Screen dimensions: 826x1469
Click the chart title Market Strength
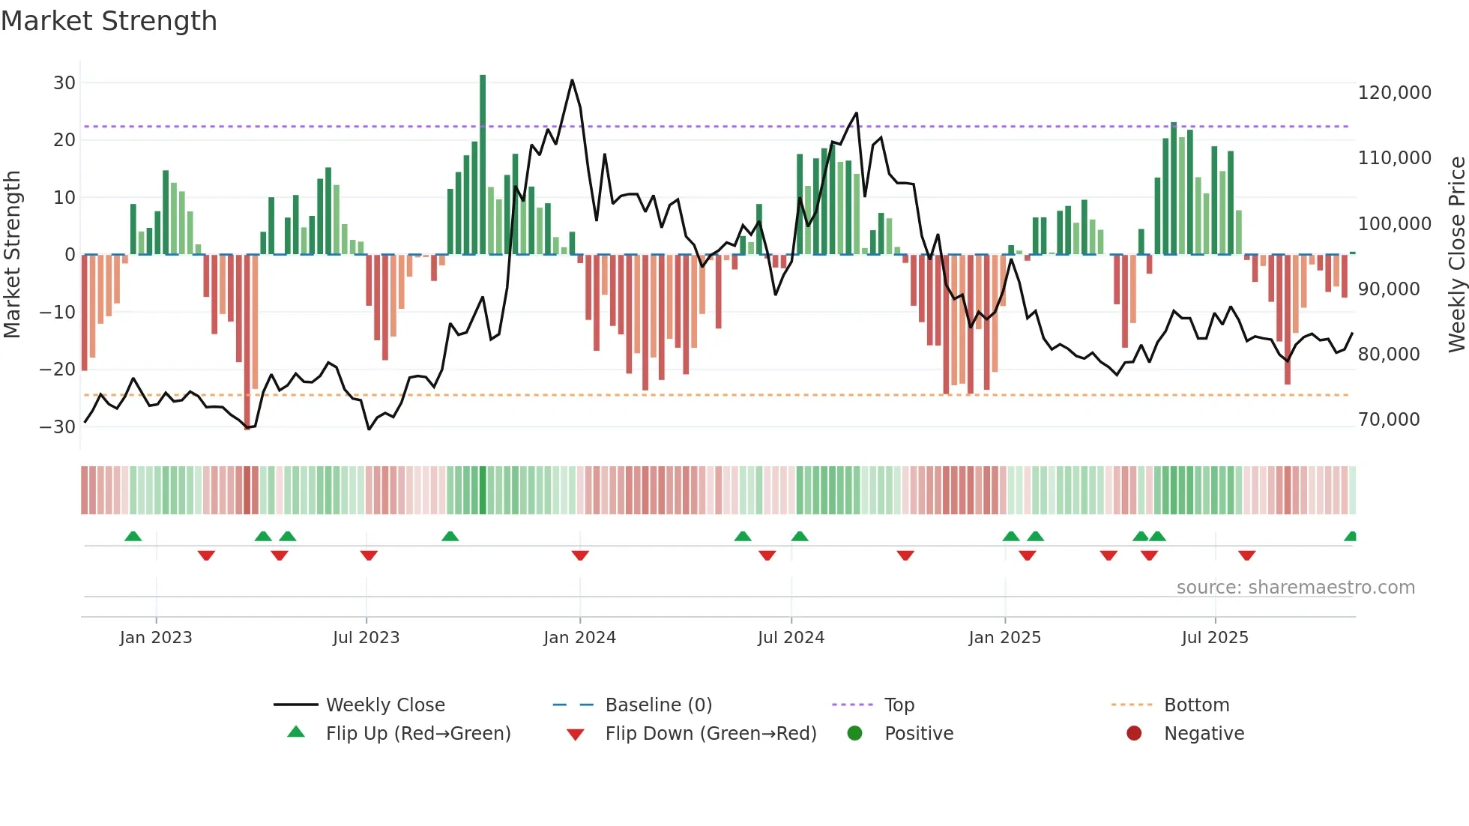(x=109, y=21)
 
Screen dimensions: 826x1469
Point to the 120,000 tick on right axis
(x=1394, y=93)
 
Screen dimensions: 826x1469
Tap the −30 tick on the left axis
(x=58, y=427)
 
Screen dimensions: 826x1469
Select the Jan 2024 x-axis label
(x=579, y=638)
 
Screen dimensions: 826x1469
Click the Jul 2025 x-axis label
(x=1215, y=638)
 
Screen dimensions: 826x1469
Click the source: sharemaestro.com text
(x=1295, y=588)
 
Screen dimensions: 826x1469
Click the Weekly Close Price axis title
(x=1456, y=255)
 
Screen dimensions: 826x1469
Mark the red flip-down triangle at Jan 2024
(x=580, y=555)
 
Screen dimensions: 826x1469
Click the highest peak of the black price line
(x=572, y=80)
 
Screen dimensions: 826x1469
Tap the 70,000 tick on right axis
(x=1389, y=420)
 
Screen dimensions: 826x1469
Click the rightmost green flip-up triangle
(x=1351, y=537)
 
